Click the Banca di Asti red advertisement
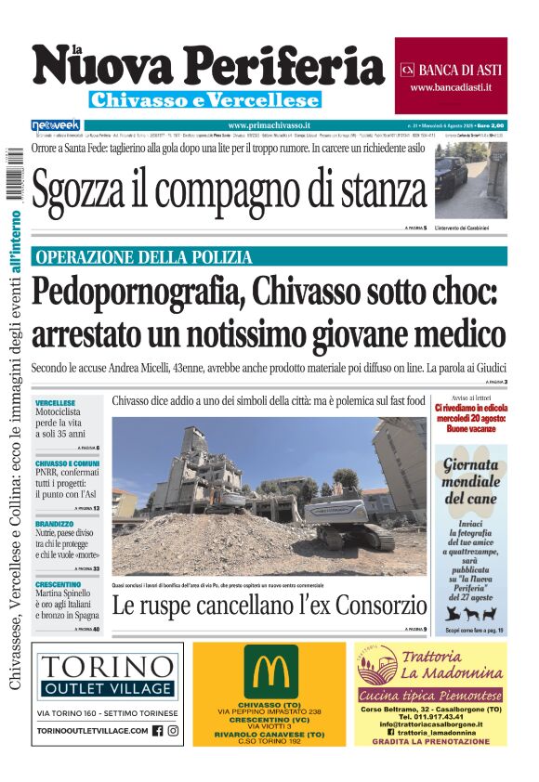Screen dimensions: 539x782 pos(451,76)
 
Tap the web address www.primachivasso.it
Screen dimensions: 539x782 pos(269,125)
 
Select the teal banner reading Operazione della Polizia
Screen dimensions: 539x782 pos(269,256)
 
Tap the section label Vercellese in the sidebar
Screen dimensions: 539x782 pos(55,401)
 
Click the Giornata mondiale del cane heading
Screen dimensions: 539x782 pos(470,484)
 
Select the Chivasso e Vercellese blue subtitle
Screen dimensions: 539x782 pos(204,99)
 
